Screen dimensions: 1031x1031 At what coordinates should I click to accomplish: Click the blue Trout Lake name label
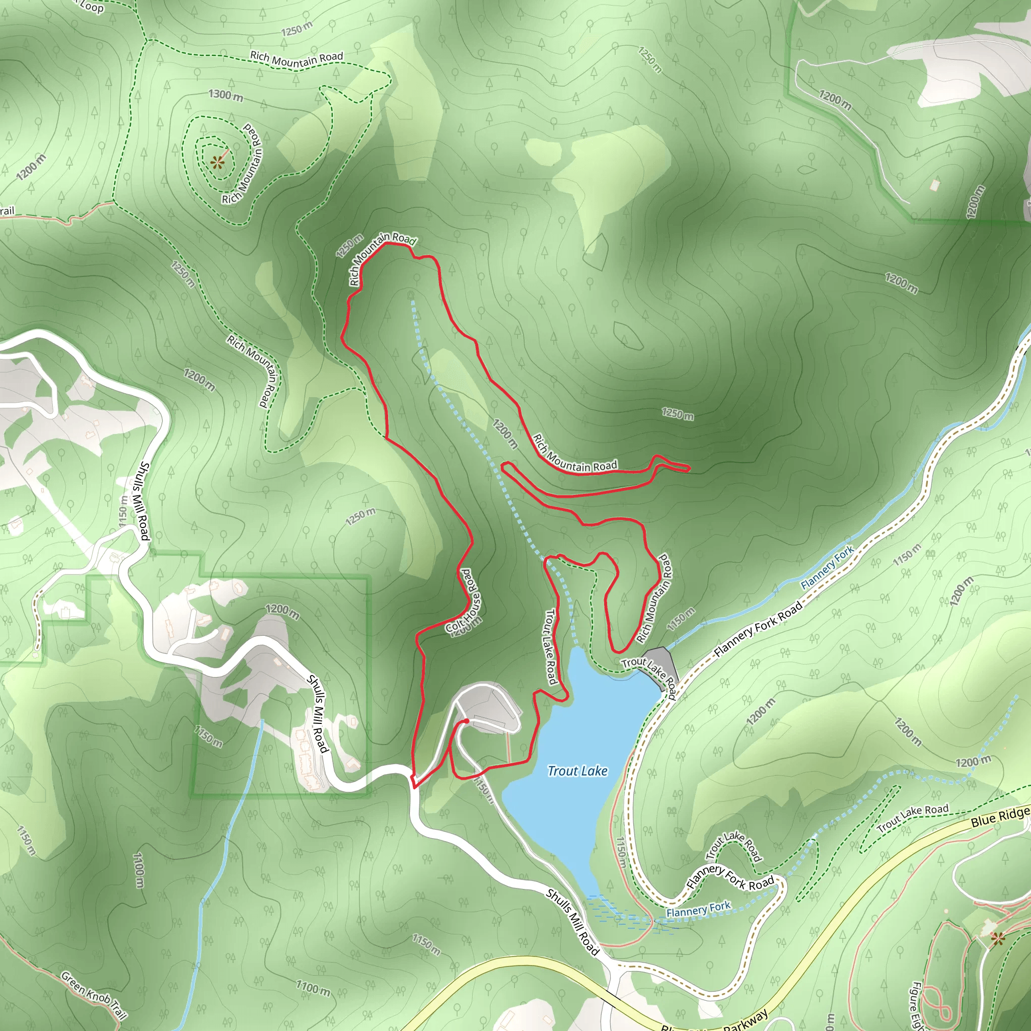(x=577, y=771)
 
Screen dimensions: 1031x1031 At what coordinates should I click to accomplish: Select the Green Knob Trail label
(x=94, y=995)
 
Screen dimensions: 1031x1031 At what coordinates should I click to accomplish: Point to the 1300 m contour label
(x=226, y=95)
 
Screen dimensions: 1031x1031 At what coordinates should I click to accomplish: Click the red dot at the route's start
(x=466, y=721)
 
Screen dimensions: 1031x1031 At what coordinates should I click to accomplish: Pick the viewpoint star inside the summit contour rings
(x=216, y=162)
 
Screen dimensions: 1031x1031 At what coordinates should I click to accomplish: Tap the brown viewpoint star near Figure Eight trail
(x=997, y=937)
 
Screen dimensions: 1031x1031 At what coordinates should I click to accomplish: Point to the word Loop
(x=92, y=7)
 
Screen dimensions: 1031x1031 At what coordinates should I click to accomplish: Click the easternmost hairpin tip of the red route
(x=688, y=468)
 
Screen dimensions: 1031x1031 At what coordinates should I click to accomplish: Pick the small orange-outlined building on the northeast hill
(x=934, y=185)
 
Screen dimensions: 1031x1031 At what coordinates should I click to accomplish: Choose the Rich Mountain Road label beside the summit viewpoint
(x=243, y=163)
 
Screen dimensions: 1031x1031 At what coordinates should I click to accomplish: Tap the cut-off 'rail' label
(x=7, y=211)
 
